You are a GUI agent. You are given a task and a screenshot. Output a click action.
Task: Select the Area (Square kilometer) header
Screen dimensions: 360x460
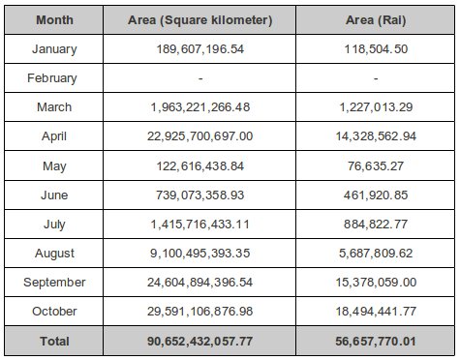tap(201, 19)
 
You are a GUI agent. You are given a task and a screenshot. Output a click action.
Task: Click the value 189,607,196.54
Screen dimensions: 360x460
tap(201, 48)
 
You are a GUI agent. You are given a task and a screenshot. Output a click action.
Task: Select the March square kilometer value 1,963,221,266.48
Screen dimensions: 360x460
tap(201, 107)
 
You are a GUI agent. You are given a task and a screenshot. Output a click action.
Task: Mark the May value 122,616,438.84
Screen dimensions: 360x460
tap(201, 165)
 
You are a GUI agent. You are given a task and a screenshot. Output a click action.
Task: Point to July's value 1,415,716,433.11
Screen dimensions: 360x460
tap(201, 224)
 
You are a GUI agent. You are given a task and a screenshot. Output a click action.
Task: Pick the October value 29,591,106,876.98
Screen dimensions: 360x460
tap(201, 312)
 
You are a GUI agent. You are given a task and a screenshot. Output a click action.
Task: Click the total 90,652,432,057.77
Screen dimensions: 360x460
tap(201, 341)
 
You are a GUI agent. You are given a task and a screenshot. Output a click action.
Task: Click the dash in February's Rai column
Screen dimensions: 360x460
tap(373, 78)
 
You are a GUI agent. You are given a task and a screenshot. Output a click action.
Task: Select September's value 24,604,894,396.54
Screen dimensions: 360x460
tap(201, 283)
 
